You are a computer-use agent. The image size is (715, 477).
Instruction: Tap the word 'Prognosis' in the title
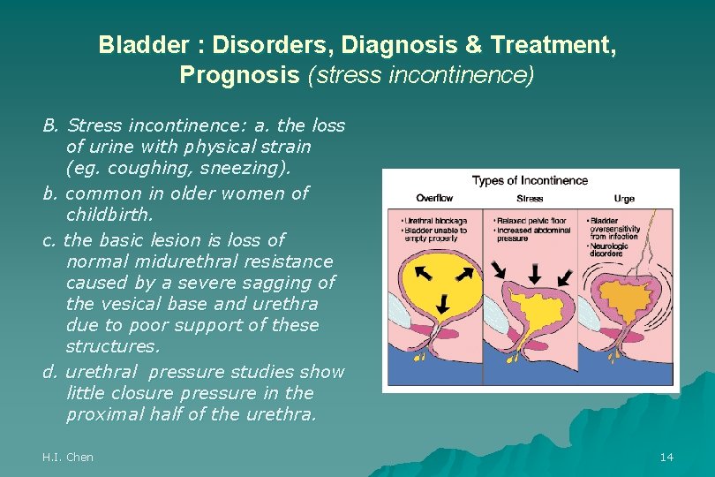(x=239, y=74)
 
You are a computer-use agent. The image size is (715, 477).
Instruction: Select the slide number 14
(x=666, y=457)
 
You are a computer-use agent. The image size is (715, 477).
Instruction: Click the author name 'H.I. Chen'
(x=67, y=457)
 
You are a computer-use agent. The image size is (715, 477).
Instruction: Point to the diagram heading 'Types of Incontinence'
(x=530, y=181)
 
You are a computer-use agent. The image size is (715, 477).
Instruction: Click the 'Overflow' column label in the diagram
(x=434, y=198)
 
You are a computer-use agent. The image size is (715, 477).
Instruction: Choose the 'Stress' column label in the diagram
(x=530, y=198)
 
